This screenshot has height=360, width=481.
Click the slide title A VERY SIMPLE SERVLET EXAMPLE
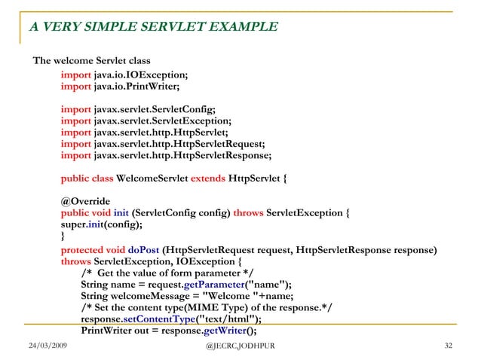coord(154,28)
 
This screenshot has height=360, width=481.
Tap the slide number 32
coord(449,345)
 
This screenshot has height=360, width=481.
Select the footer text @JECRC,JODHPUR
coord(240,345)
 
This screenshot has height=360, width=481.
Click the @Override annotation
coord(86,201)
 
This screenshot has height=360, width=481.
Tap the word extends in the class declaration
coord(208,178)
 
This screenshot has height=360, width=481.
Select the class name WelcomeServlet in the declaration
coord(152,178)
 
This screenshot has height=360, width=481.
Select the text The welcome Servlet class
coord(92,60)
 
